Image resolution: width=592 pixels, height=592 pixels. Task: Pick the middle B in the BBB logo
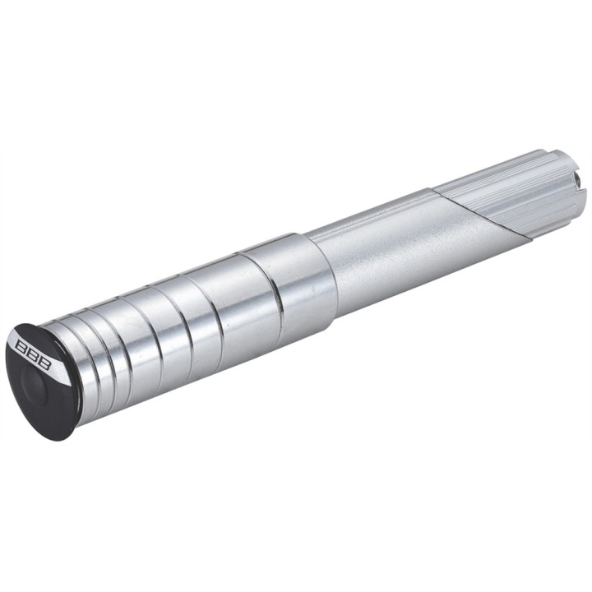coord(30,354)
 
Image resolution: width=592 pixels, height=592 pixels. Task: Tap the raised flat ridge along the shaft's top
coord(370,214)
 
